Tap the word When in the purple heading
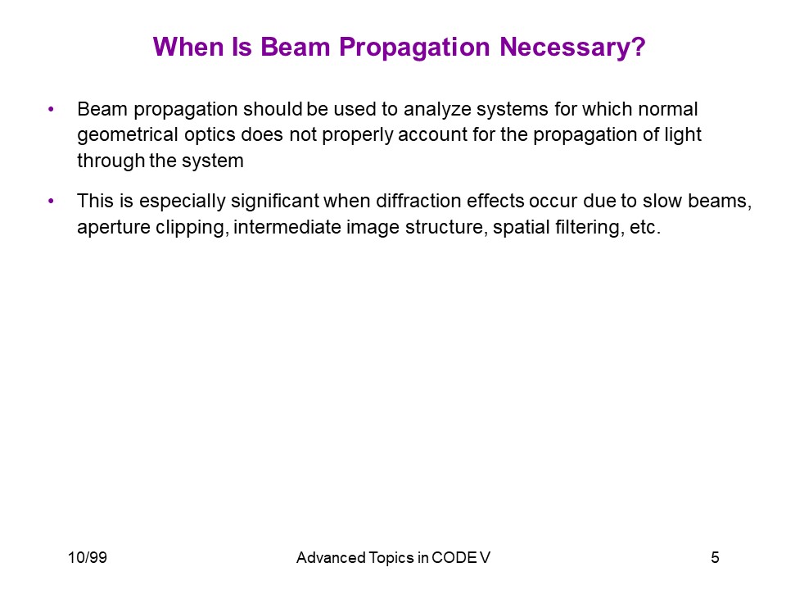(x=188, y=47)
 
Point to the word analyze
(x=437, y=110)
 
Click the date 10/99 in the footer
(x=88, y=557)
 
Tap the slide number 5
(x=716, y=557)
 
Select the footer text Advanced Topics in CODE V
(x=393, y=558)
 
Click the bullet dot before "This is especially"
(x=51, y=202)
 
